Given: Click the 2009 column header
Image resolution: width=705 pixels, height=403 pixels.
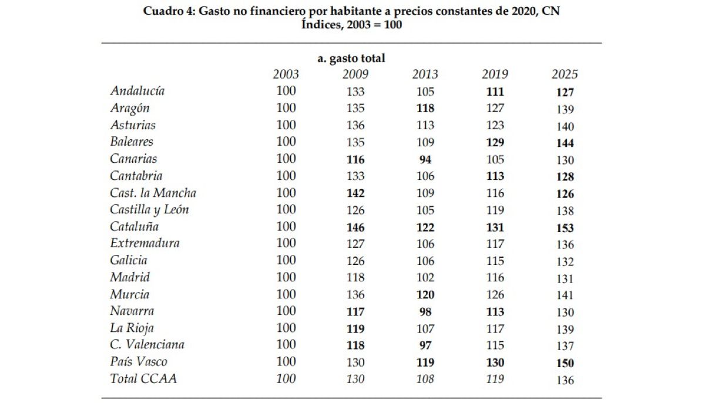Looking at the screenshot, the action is tap(355, 74).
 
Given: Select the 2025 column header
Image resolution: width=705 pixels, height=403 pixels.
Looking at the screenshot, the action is tap(565, 74).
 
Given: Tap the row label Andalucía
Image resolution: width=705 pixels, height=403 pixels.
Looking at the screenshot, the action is tap(137, 90).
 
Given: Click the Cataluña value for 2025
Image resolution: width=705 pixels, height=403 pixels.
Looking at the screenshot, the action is tap(565, 228).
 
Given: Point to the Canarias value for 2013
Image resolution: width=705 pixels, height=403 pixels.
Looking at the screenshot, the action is tap(425, 160).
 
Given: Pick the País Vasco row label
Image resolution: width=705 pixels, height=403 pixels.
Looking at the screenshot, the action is tap(139, 361).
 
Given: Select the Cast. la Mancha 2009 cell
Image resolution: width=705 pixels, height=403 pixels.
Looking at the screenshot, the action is tap(355, 193).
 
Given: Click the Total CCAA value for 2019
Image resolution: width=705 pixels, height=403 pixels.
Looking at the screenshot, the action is tap(495, 379).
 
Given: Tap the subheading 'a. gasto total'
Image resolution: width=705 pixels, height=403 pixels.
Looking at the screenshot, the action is tap(351, 59).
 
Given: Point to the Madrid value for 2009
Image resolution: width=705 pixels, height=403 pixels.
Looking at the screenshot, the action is tap(355, 277).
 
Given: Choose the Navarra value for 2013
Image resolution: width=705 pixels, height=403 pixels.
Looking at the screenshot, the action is tap(425, 312).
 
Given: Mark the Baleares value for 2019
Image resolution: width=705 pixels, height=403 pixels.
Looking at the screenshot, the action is tap(495, 143).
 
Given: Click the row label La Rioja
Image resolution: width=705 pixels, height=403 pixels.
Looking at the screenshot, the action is tap(132, 328).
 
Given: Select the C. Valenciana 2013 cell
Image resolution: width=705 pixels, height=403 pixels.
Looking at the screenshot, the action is tap(425, 345).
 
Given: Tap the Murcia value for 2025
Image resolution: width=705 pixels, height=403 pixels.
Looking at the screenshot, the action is tap(565, 295).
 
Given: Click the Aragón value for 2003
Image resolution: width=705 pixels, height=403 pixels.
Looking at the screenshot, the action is tap(286, 108).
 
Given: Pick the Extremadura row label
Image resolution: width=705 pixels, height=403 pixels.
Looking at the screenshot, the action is tap(145, 243).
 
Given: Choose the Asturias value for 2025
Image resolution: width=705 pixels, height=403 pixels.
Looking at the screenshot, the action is tap(565, 126).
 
